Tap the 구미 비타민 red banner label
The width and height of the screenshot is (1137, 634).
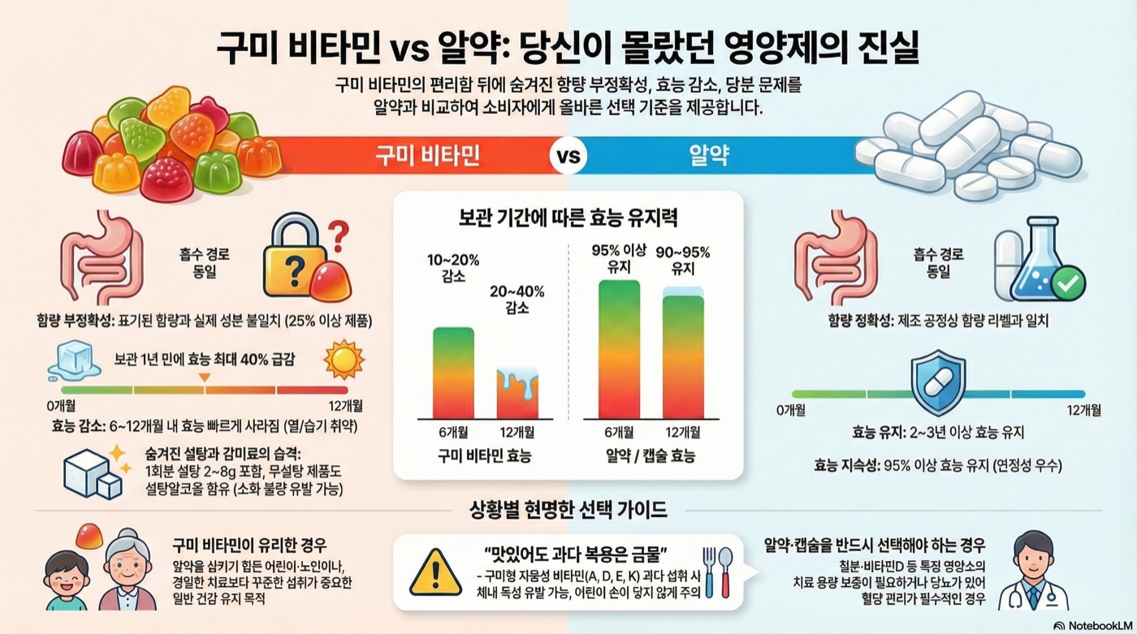(427, 156)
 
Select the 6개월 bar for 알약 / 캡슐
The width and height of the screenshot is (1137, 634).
(619, 348)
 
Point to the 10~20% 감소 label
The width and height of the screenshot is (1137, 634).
(453, 269)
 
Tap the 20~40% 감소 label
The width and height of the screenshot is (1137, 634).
(517, 300)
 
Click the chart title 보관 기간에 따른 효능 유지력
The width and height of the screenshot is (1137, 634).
(568, 218)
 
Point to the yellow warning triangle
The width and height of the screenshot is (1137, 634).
(436, 573)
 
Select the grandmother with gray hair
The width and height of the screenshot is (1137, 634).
(128, 571)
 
